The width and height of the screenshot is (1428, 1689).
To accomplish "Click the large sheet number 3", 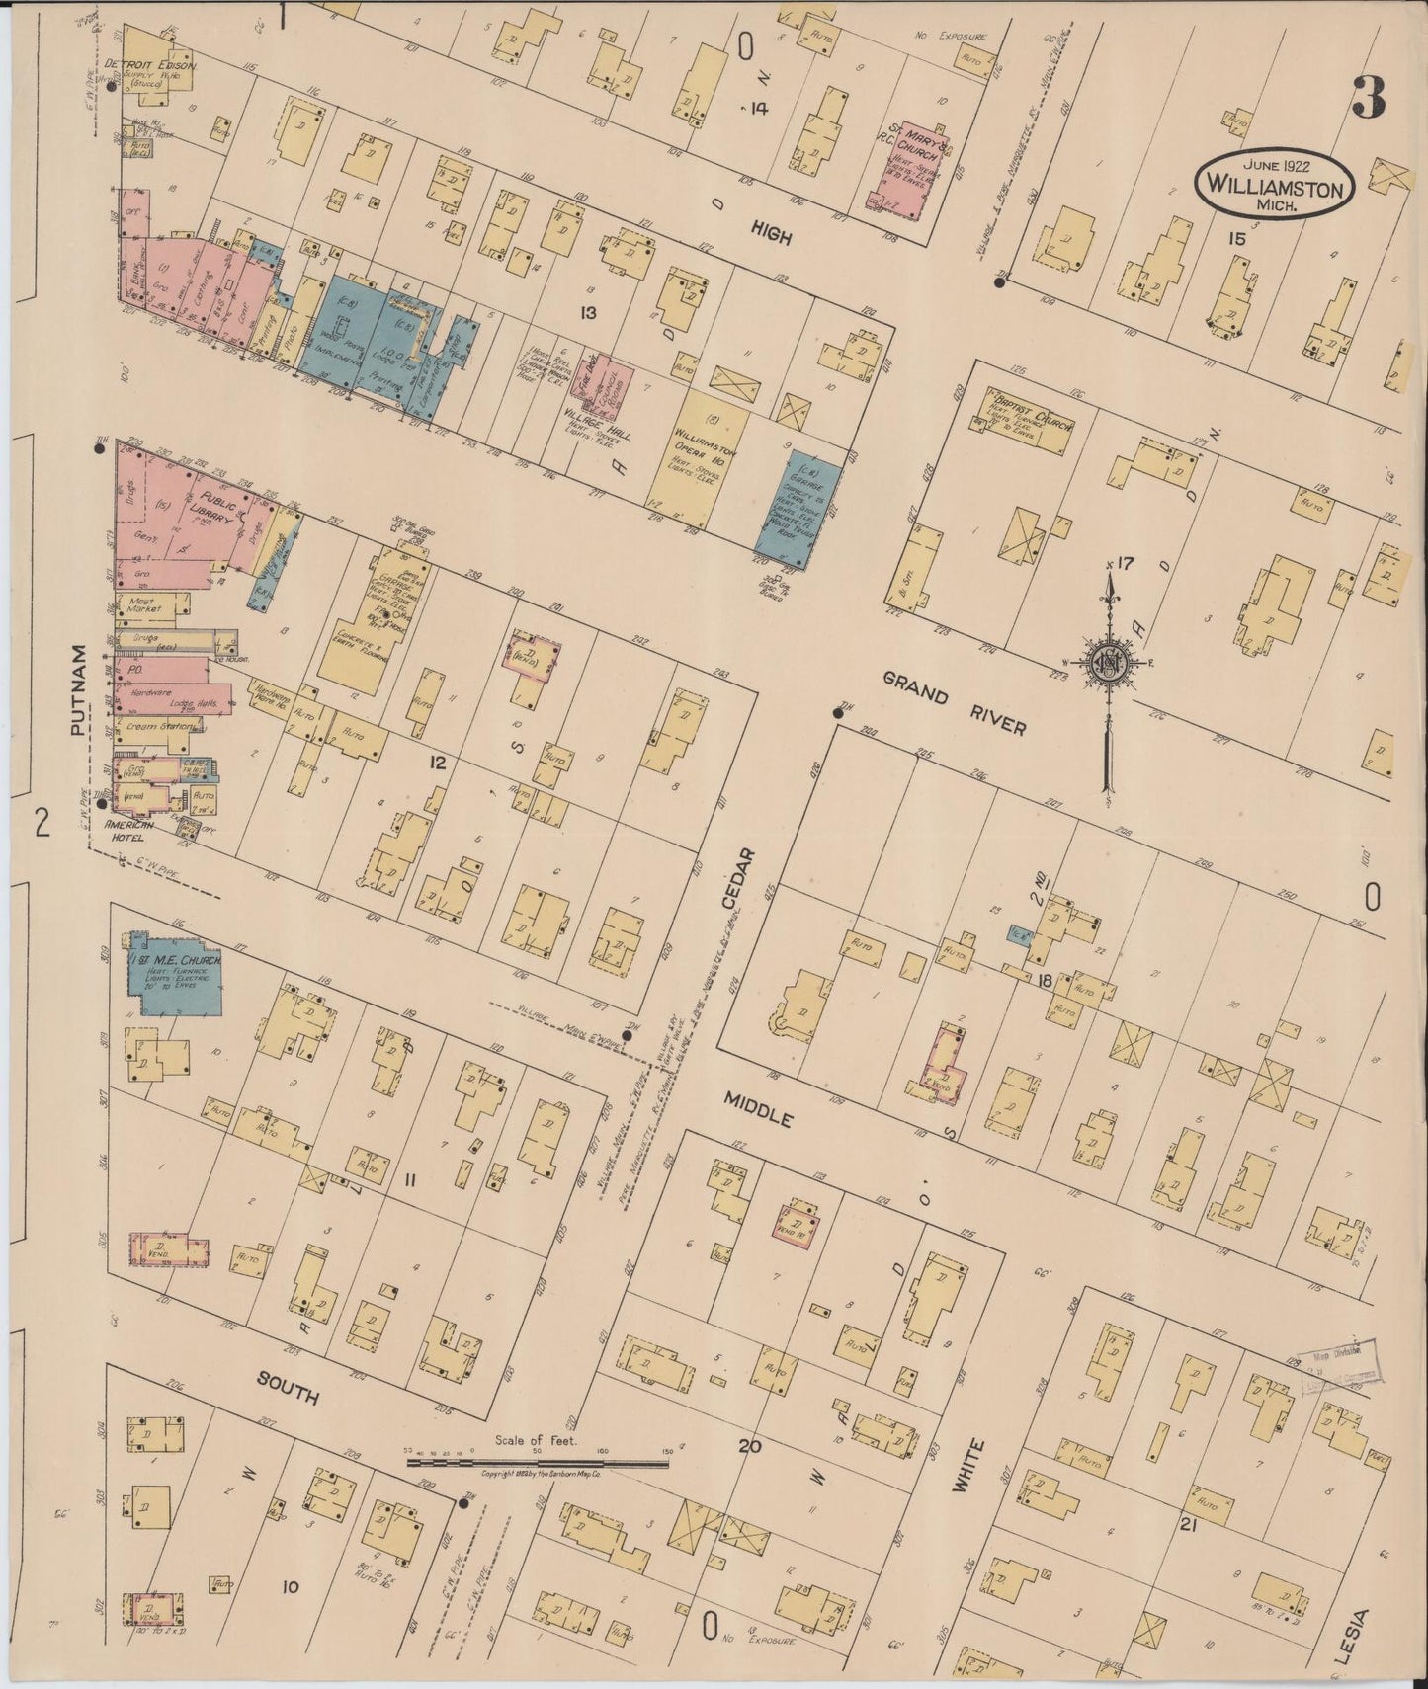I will pyautogui.click(x=1369, y=96).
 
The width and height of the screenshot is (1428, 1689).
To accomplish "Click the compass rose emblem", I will pyautogui.click(x=1110, y=664).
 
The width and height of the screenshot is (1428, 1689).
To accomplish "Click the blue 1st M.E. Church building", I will pyautogui.click(x=173, y=983).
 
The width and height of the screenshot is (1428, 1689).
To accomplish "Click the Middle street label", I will pyautogui.click(x=758, y=1109).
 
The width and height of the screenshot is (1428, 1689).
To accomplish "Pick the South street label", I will pyautogui.click(x=288, y=1388).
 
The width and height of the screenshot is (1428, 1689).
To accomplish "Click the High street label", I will pyautogui.click(x=771, y=230).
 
